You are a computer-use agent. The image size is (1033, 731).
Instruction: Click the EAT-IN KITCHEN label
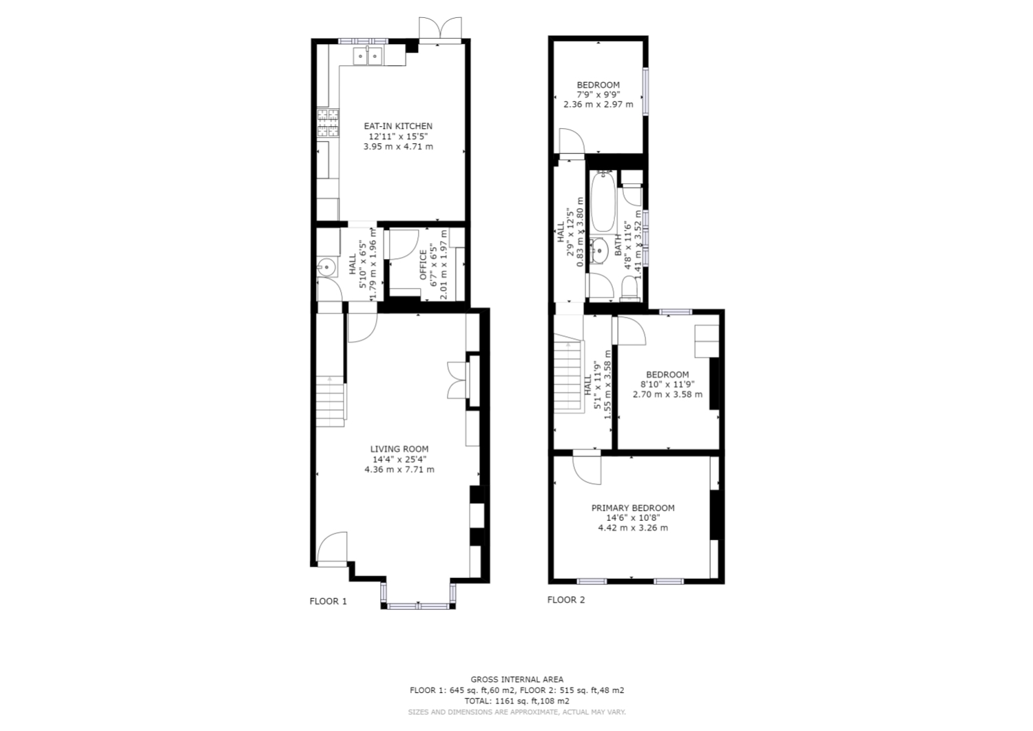(x=398, y=126)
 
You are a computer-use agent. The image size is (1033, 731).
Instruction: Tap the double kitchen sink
(x=368, y=56)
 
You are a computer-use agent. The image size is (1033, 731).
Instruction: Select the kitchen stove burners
(x=328, y=123)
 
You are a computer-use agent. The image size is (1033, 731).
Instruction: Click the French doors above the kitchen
(x=440, y=30)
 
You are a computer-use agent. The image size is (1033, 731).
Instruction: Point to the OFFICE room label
(x=423, y=265)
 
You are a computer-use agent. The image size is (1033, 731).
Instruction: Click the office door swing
(x=403, y=245)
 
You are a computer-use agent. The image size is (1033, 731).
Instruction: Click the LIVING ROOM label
(x=399, y=449)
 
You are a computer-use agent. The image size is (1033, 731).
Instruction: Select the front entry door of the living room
(x=332, y=548)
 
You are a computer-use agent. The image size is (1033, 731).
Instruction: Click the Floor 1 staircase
(x=330, y=400)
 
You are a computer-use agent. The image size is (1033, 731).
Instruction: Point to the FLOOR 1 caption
(x=328, y=601)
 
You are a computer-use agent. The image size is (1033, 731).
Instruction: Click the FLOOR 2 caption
(x=566, y=600)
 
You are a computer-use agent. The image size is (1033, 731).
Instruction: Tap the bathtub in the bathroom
(x=603, y=200)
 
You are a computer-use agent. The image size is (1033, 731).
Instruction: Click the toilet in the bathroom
(x=629, y=288)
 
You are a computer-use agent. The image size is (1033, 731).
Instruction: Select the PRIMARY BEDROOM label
(x=633, y=508)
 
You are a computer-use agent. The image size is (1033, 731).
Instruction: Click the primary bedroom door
(x=587, y=469)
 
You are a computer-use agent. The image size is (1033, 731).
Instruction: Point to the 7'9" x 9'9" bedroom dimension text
(x=598, y=94)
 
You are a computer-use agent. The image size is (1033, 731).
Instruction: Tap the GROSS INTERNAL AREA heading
(x=517, y=679)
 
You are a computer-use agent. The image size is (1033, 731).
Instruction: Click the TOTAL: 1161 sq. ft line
(x=516, y=701)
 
